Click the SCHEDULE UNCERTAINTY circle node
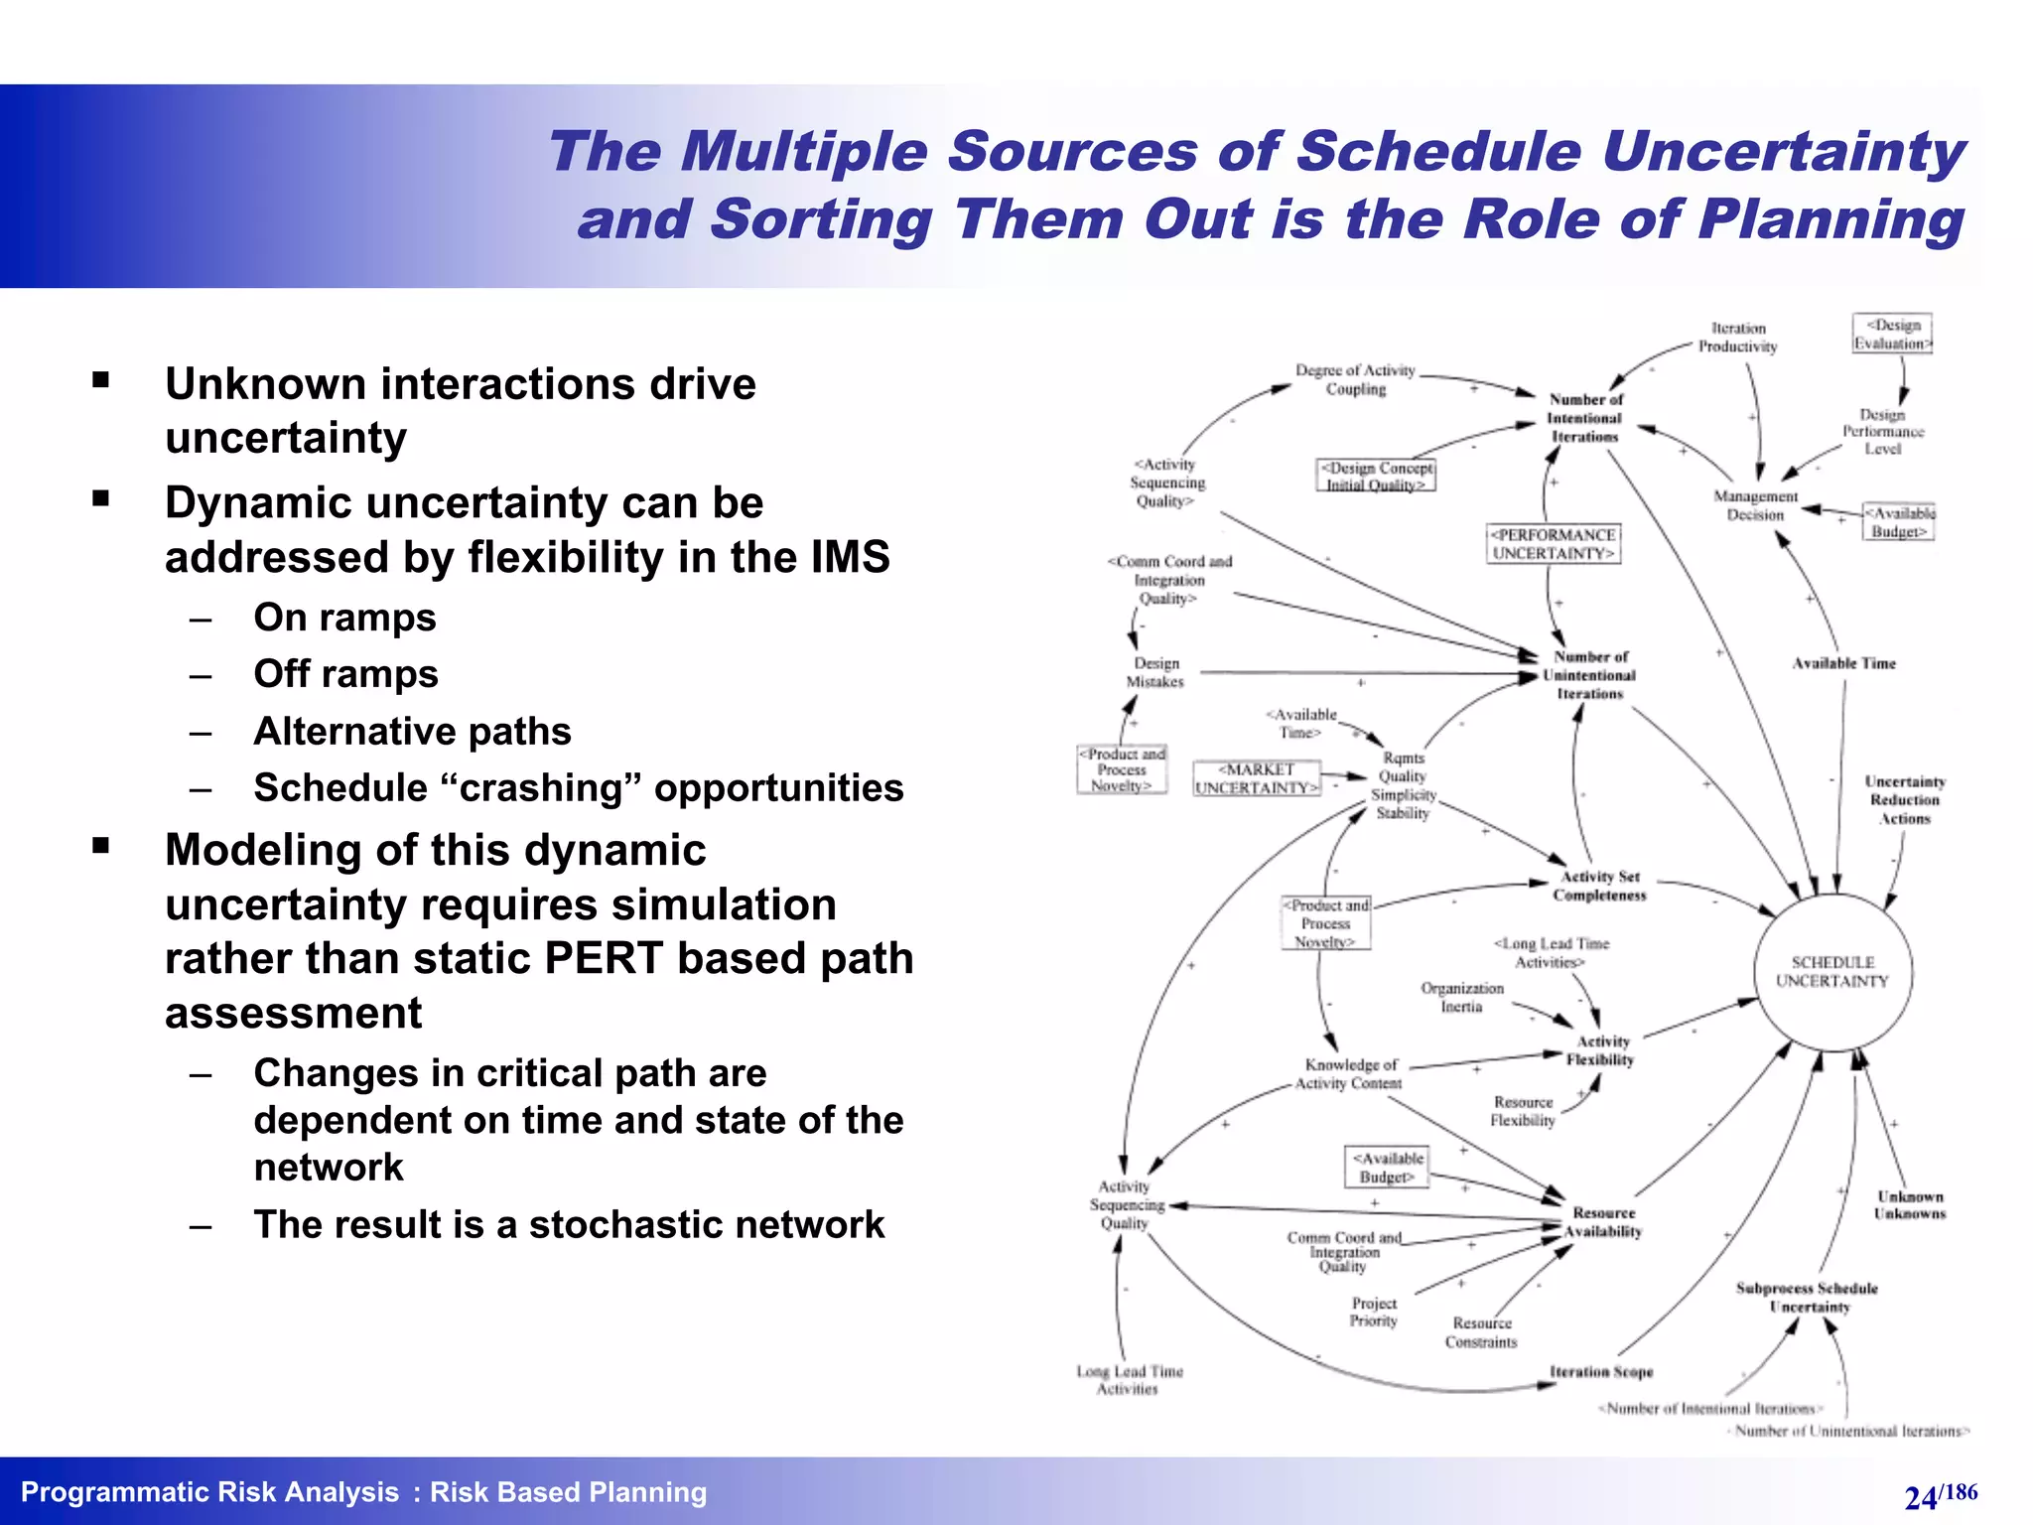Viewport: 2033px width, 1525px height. click(x=1832, y=972)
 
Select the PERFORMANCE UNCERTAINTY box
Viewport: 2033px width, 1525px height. click(x=1554, y=544)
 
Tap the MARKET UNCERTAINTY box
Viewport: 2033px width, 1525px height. click(x=1257, y=778)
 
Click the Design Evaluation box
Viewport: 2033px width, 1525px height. click(x=1892, y=334)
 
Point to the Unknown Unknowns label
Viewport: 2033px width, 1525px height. click(x=1909, y=1205)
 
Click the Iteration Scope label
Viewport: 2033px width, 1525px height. click(x=1601, y=1372)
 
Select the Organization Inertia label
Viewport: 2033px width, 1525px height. click(x=1461, y=998)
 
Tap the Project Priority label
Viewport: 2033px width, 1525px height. click(x=1374, y=1312)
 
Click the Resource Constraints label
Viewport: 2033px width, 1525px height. click(x=1481, y=1332)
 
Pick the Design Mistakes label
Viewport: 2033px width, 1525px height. click(x=1155, y=672)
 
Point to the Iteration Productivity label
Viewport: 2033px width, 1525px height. click(x=1737, y=338)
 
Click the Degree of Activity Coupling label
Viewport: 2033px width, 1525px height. click(x=1355, y=379)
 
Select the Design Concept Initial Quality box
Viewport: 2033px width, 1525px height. click(x=1376, y=476)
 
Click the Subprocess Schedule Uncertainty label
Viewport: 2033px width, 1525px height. click(x=1807, y=1298)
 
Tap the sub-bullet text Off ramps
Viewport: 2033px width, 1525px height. click(x=345, y=674)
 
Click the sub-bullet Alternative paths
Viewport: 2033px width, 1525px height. click(x=412, y=732)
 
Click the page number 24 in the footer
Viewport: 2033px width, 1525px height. click(x=1921, y=1497)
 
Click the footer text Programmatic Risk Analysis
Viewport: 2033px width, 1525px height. click(x=209, y=1492)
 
